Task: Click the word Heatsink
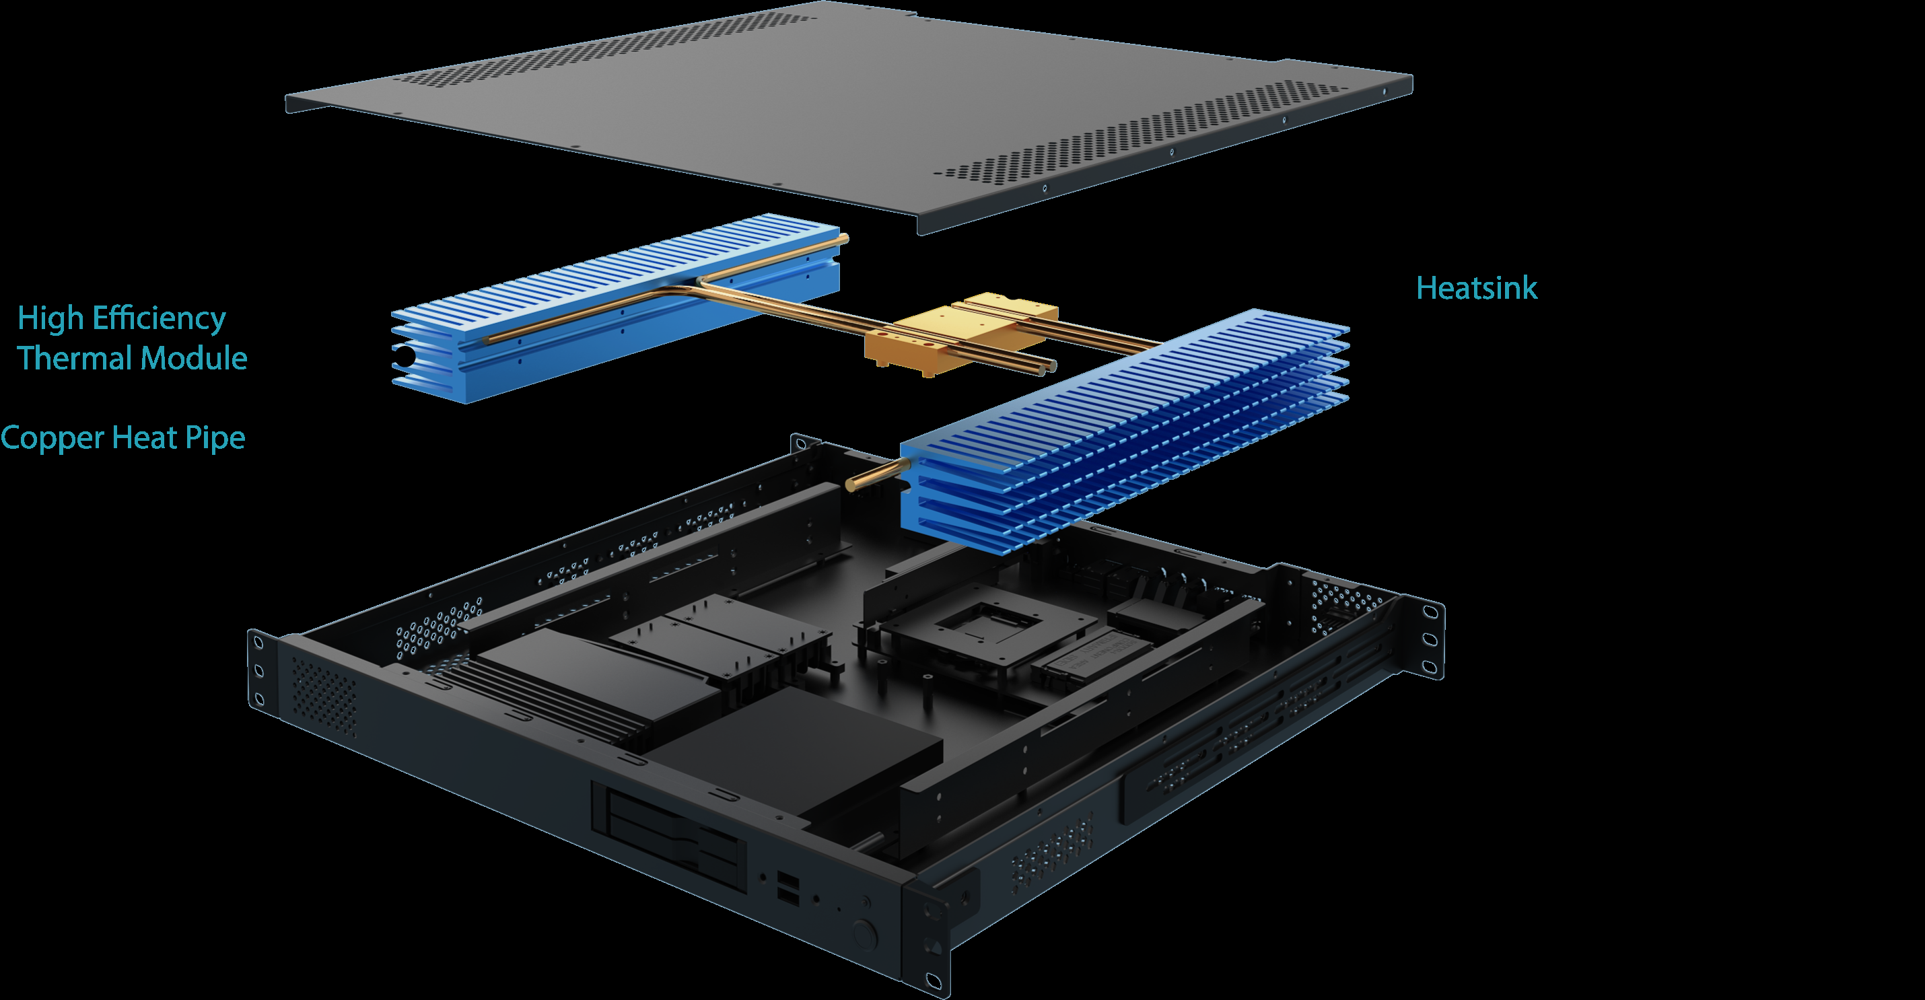(x=1477, y=289)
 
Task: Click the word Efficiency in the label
(x=158, y=318)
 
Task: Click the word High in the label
(x=50, y=318)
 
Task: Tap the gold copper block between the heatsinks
(x=961, y=333)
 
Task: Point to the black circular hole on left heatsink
(x=405, y=357)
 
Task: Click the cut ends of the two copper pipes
(x=1045, y=366)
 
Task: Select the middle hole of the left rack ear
(x=258, y=671)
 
